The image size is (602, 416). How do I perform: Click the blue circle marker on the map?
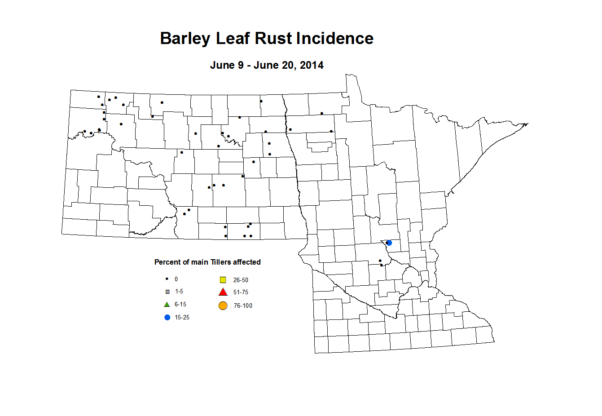click(389, 243)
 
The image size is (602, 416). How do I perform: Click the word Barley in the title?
click(185, 39)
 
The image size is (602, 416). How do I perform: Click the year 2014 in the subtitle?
click(312, 65)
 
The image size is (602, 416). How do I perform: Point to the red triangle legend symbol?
click(223, 292)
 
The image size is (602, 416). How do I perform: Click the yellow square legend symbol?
click(223, 280)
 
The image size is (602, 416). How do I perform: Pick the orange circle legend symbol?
click(223, 306)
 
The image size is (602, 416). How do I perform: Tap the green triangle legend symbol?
click(167, 304)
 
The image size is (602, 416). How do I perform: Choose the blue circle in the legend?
click(167, 317)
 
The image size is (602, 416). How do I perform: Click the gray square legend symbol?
click(167, 292)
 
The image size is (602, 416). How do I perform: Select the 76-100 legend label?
click(243, 306)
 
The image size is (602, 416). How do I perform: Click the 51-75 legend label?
click(241, 292)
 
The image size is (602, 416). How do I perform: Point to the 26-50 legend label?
click(241, 280)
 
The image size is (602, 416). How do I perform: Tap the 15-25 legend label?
click(182, 318)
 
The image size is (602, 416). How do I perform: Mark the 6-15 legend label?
click(180, 305)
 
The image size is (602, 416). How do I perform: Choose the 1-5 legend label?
click(179, 292)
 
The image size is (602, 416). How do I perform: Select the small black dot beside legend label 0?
click(167, 279)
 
